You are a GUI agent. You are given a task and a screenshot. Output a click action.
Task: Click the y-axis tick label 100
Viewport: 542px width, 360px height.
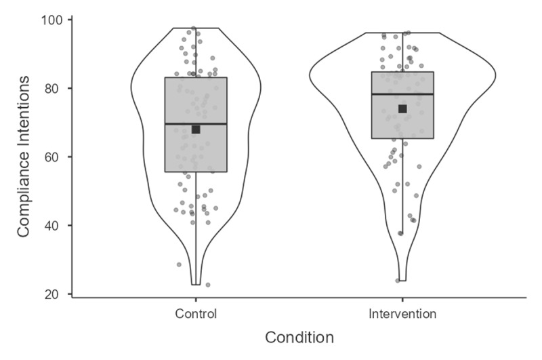54,20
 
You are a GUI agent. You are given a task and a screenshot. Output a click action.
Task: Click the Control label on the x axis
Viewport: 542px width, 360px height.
195,314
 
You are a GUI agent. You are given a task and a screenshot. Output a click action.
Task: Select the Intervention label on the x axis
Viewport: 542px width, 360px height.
402,314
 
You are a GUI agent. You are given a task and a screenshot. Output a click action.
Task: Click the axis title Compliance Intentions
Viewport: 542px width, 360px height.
24,156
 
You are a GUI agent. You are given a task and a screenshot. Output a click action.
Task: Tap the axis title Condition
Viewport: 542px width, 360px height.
299,338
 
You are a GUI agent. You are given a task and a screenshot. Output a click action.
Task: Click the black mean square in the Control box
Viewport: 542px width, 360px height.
196,129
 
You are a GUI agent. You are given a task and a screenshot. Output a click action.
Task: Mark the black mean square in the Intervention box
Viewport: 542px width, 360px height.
402,108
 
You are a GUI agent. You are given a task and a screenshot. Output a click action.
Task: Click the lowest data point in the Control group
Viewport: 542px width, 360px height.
208,285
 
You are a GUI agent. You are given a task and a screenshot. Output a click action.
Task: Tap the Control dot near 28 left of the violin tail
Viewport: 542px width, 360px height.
179,264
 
